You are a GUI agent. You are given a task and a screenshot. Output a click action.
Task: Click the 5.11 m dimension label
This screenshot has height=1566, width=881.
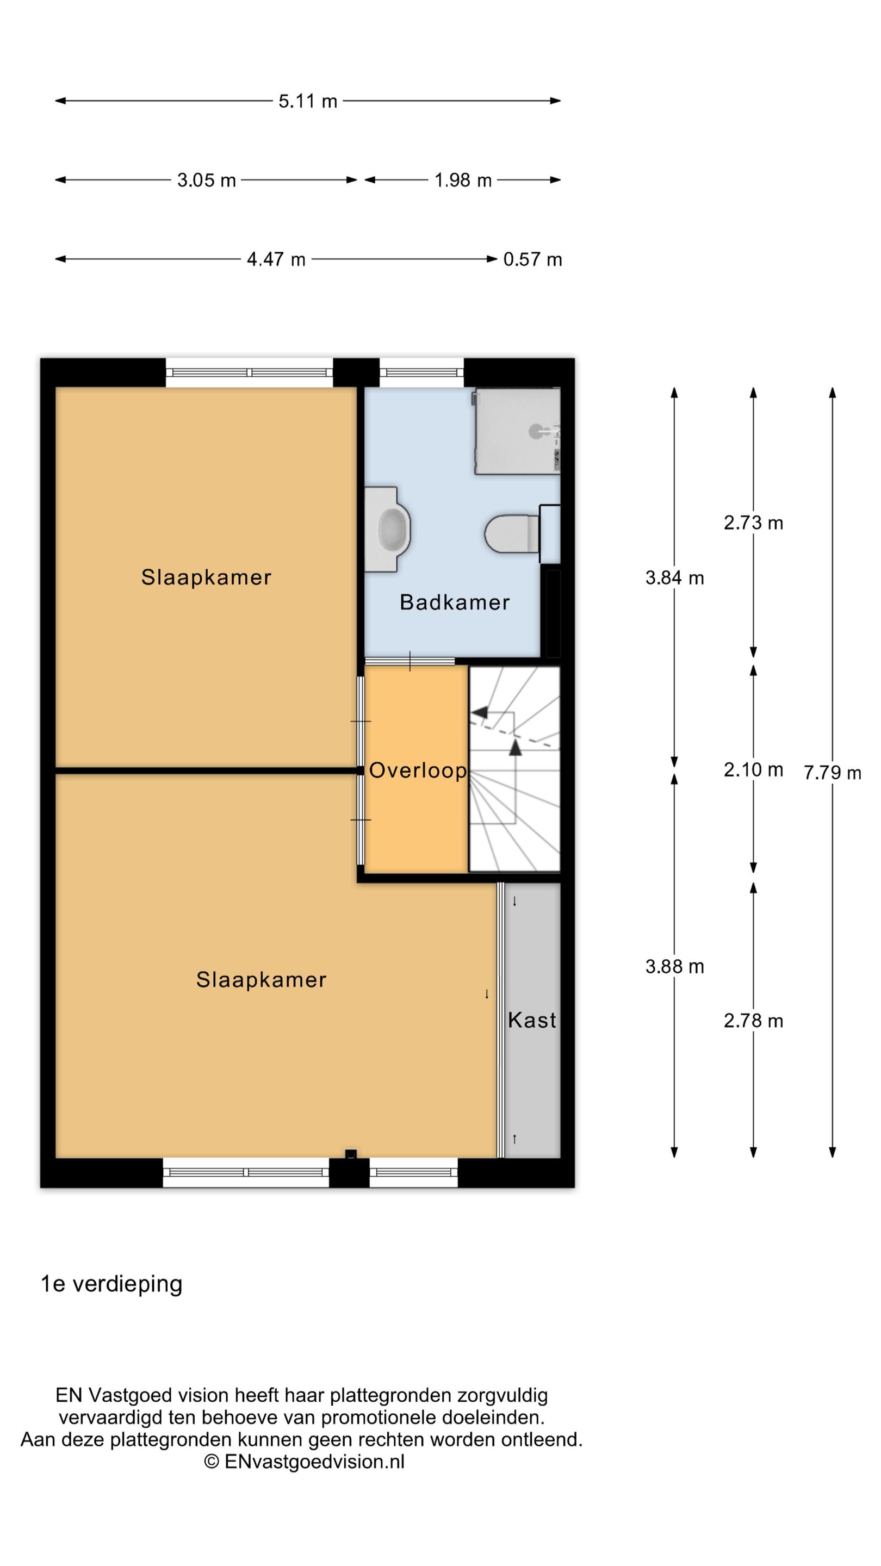tap(308, 101)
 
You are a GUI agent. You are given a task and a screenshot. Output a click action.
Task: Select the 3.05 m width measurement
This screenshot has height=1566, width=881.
tap(206, 180)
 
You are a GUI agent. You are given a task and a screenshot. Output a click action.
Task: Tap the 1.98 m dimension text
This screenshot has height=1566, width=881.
tap(463, 180)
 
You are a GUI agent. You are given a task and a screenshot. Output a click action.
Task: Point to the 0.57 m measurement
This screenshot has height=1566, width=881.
tap(532, 259)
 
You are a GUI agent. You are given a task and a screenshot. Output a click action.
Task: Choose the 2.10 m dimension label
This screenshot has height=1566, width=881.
tap(753, 769)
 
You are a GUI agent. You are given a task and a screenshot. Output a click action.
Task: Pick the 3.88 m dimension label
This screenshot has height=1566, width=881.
tap(675, 966)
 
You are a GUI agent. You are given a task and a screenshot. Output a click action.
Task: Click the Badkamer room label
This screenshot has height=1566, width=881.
tap(455, 602)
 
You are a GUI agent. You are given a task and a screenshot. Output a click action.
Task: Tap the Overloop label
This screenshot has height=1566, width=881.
tap(418, 771)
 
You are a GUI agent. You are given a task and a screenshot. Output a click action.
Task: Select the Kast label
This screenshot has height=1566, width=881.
tap(532, 1020)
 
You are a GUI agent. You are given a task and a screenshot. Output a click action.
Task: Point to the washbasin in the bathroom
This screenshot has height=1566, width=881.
tap(388, 529)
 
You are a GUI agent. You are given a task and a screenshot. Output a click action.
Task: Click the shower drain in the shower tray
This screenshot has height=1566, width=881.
tap(536, 432)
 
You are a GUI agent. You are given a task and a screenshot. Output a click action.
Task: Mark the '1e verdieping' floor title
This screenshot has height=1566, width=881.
tap(111, 1284)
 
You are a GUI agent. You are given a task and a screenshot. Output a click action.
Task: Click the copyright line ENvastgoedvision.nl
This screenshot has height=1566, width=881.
tap(304, 1462)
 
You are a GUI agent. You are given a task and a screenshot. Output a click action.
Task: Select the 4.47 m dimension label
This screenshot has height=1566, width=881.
tap(276, 259)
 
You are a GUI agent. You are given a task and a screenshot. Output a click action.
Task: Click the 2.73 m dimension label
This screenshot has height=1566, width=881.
tap(753, 523)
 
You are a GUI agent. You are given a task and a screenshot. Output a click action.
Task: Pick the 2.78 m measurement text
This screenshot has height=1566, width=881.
tap(753, 1021)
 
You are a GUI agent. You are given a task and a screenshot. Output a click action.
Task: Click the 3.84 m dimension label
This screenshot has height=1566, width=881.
tap(675, 577)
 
